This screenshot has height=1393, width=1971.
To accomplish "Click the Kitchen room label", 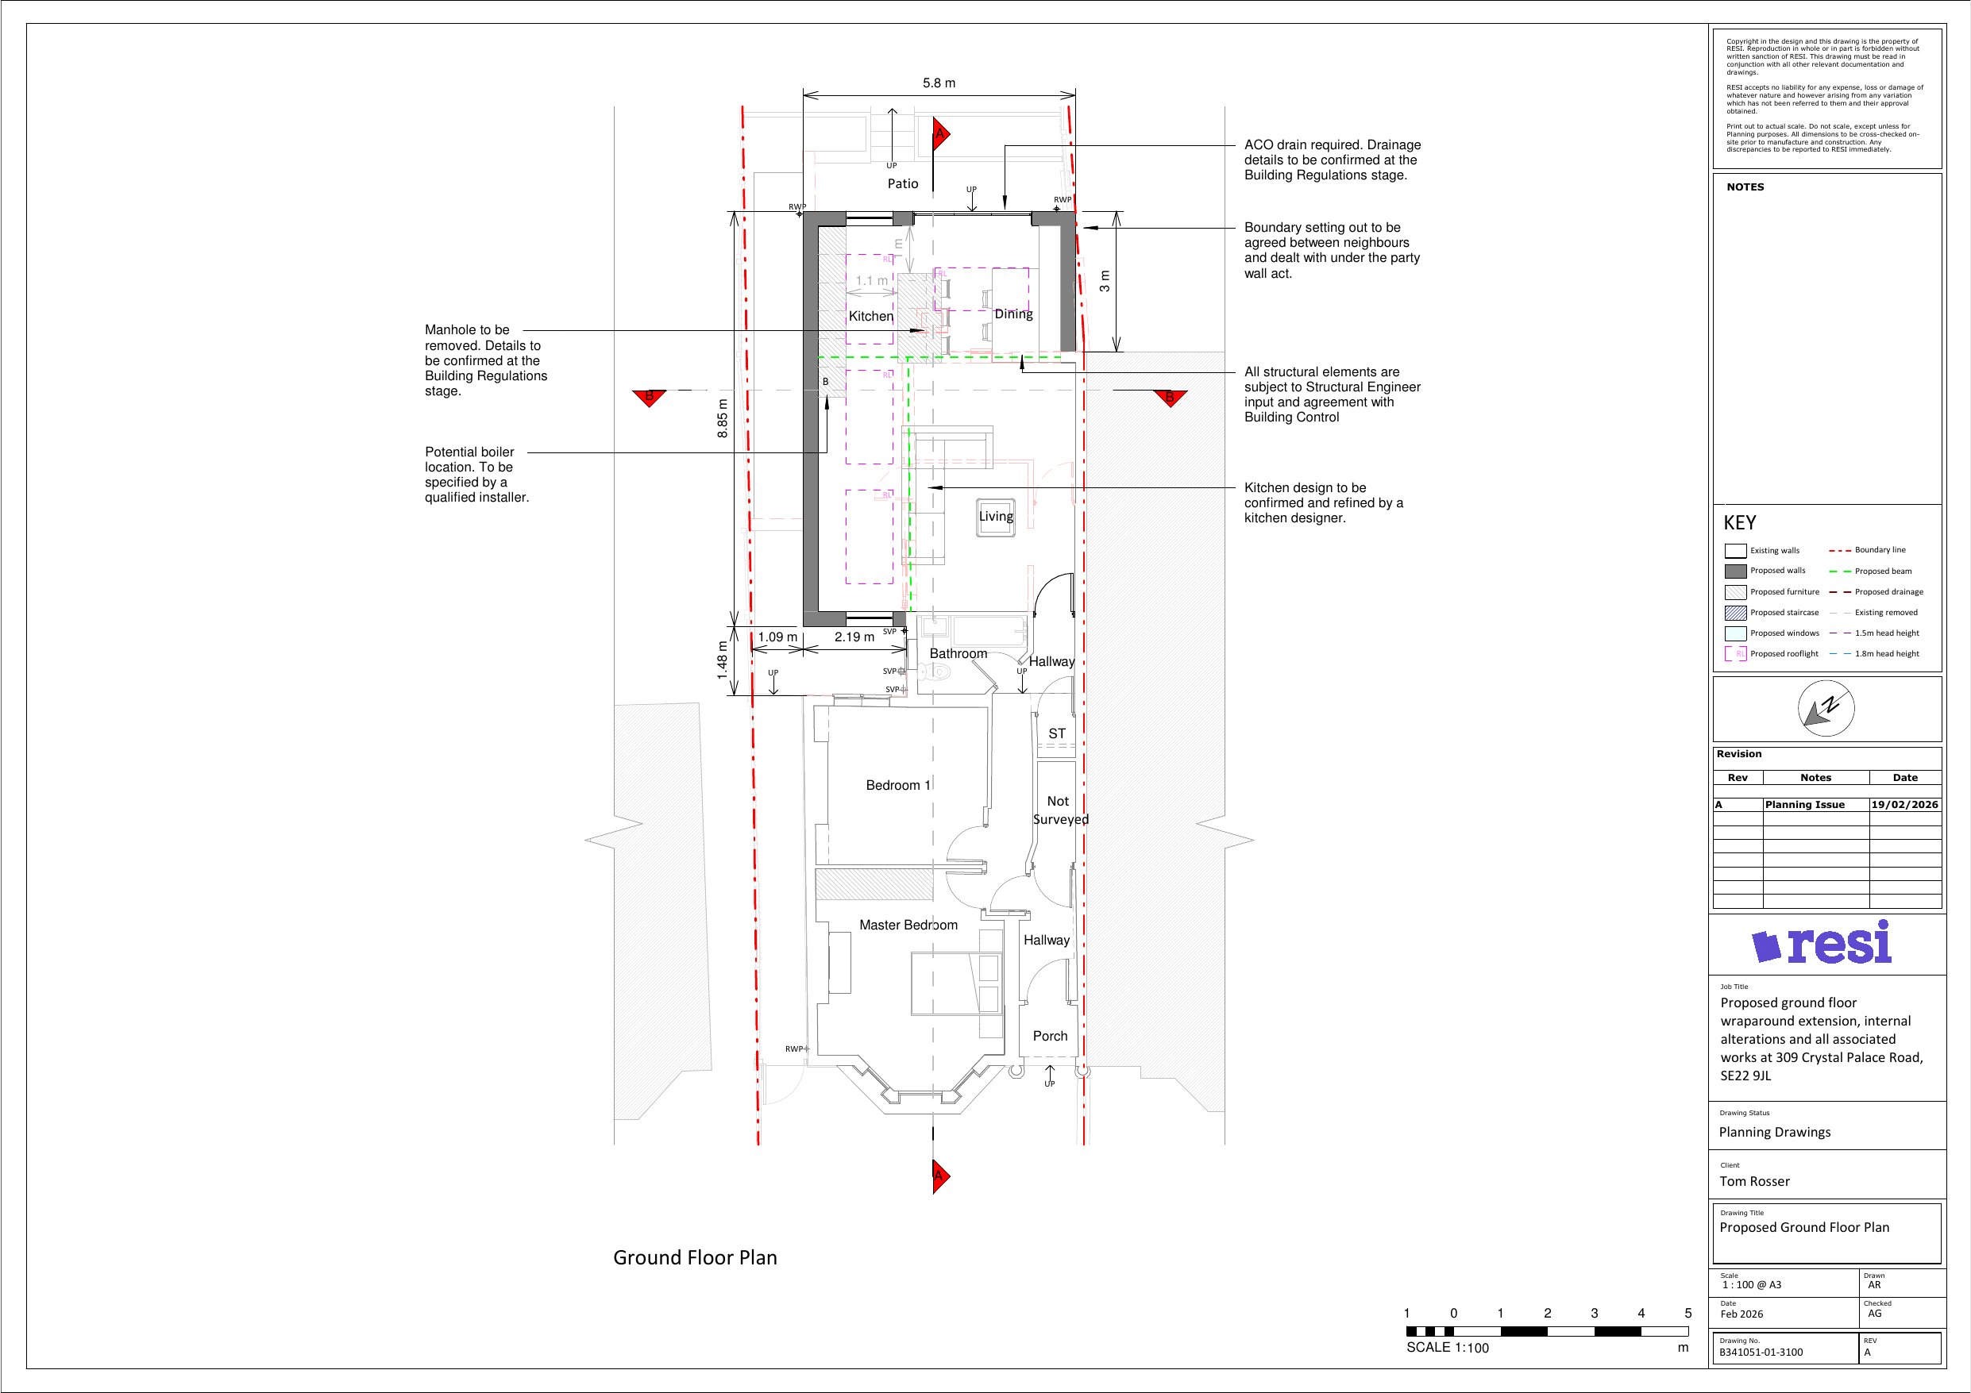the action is [871, 317].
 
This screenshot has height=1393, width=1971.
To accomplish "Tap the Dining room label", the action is [1014, 315].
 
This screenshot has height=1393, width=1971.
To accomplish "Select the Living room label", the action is [996, 517].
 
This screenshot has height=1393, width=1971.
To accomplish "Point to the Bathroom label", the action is [958, 654].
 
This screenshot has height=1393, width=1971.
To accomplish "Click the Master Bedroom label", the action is [908, 925].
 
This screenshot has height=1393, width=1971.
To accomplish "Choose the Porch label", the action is [1050, 1036].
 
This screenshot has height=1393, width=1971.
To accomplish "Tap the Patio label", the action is [903, 183].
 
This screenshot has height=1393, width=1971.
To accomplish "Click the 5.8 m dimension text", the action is [939, 83].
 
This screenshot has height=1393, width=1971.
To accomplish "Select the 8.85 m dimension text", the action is [723, 419].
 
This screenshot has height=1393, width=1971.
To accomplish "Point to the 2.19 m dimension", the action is [854, 637].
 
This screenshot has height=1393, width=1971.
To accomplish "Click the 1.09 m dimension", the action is [777, 637].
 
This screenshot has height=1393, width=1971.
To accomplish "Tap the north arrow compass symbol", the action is [1826, 709].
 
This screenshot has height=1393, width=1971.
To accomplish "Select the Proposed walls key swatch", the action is [1736, 571].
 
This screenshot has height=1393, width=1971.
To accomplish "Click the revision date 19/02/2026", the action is [1905, 805].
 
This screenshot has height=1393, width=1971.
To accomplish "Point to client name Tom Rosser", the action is [1755, 1182].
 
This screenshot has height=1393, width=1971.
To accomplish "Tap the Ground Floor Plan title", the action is [696, 1258].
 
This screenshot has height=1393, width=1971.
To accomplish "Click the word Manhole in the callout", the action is [453, 330].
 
